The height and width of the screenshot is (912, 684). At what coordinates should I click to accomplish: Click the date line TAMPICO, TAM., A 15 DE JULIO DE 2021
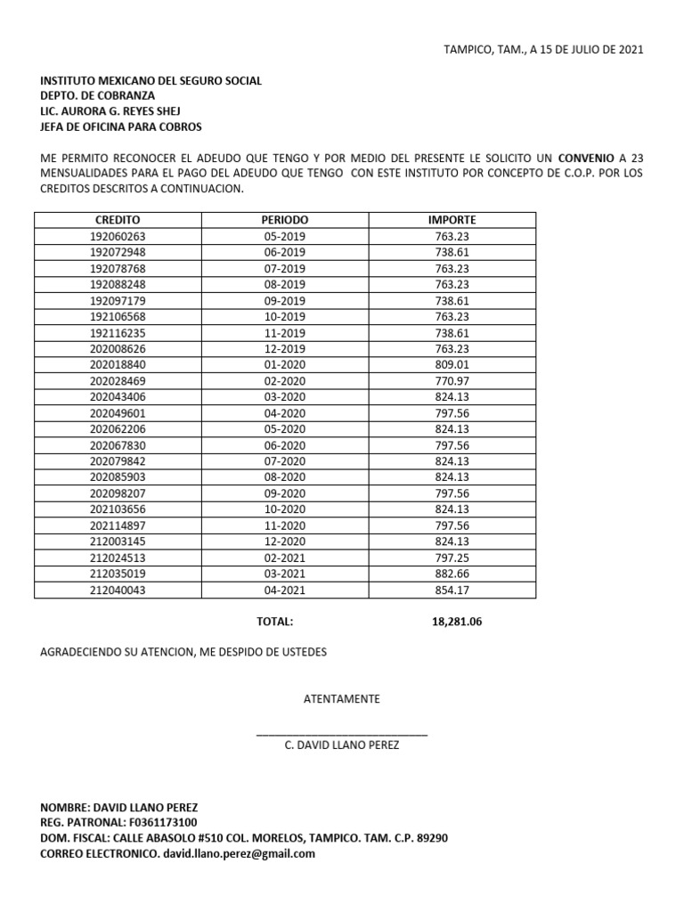coord(542,50)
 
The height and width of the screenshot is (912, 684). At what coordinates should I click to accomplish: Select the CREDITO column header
coord(118,220)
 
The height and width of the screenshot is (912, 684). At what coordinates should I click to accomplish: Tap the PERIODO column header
coord(284,220)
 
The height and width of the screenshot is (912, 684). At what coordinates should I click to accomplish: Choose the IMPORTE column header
coord(452,220)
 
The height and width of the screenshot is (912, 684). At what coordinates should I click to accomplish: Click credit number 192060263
coord(118,236)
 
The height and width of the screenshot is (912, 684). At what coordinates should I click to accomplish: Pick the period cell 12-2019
coord(284,350)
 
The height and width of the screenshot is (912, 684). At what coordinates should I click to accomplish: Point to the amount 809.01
coord(452,366)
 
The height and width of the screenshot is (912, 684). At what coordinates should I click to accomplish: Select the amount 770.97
coord(452,382)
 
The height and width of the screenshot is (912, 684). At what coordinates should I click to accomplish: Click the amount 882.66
coord(452,574)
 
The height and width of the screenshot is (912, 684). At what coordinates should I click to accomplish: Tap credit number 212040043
coord(118,590)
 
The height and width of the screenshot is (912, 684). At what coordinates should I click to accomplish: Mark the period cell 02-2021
coord(284,558)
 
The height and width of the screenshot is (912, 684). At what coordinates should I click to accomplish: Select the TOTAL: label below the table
coord(274,623)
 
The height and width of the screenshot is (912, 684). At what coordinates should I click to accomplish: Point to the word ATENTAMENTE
coord(341,699)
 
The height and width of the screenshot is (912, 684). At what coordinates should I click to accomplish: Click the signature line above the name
coord(341,734)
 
